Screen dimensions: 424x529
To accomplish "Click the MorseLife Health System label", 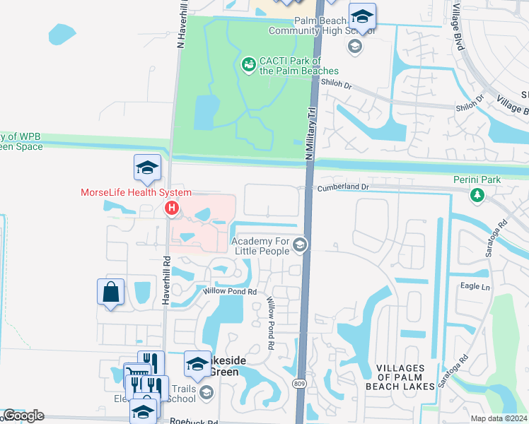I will (x=136, y=192).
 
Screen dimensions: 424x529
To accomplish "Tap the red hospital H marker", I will (x=171, y=208).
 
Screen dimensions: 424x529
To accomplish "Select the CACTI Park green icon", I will (x=248, y=66).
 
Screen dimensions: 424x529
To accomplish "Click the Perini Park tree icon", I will (x=477, y=194).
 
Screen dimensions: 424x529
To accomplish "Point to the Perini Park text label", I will (x=477, y=179).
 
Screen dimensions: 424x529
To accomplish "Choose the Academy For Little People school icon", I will (x=300, y=245).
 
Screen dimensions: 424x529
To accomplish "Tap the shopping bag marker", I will (x=112, y=292).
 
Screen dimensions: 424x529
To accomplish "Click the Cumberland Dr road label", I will (x=343, y=187).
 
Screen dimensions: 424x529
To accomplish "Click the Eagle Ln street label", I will (x=475, y=286).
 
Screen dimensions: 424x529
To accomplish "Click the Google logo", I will (x=23, y=416).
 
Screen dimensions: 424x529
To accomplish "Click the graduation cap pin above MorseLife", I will (x=147, y=167).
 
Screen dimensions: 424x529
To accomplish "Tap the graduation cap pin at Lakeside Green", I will (x=197, y=363).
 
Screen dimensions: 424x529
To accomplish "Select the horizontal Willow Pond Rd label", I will (x=229, y=290).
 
